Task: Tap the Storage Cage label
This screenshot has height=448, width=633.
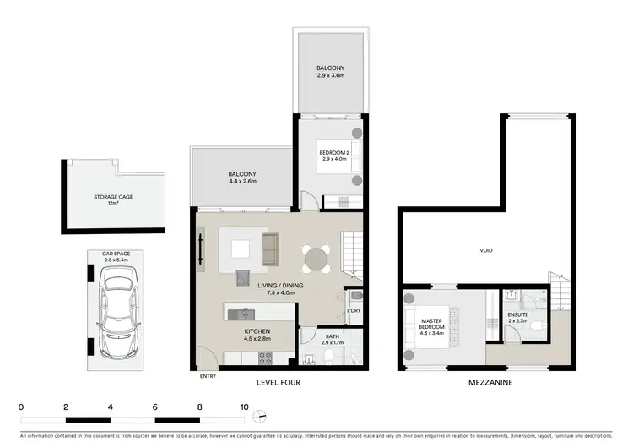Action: click(x=113, y=199)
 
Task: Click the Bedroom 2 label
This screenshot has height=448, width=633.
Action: click(x=334, y=155)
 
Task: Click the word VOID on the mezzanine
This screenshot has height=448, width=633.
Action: click(x=486, y=251)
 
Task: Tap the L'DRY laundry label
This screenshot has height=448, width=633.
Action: click(x=354, y=312)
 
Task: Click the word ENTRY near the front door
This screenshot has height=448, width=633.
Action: click(x=208, y=377)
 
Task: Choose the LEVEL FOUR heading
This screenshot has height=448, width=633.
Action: click(x=278, y=382)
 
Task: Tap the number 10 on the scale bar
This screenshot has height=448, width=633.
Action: click(x=245, y=407)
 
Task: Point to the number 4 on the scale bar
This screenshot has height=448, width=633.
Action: click(x=111, y=407)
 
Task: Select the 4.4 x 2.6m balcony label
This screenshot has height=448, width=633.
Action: click(x=242, y=178)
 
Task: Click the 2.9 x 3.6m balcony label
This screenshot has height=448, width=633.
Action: click(x=330, y=72)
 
